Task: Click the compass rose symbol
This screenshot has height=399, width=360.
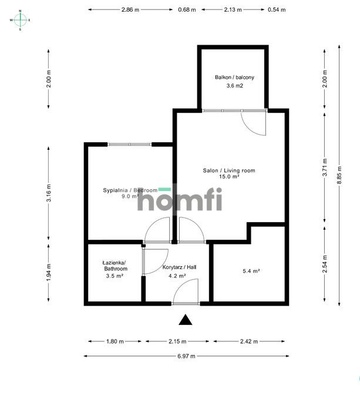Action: [x=20, y=20]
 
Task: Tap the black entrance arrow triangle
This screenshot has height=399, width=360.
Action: [x=186, y=320]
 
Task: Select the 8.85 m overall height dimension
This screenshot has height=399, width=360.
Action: [x=339, y=175]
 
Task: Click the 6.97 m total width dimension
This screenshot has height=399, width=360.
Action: [x=186, y=356]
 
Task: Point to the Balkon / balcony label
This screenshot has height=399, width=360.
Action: [x=234, y=77]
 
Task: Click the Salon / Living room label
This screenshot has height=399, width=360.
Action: [x=229, y=170]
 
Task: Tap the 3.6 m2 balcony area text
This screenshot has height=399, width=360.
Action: [x=235, y=86]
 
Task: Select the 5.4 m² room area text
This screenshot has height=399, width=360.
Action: [x=251, y=271]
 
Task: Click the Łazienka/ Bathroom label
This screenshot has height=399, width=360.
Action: [x=116, y=266]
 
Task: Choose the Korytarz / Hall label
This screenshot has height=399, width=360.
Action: [x=179, y=267]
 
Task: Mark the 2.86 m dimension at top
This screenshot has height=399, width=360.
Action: [x=130, y=9]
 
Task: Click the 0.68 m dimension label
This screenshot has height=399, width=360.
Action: [x=187, y=10]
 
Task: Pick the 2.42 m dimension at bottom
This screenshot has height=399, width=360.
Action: [x=249, y=341]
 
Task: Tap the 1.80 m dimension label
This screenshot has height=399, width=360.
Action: [x=115, y=341]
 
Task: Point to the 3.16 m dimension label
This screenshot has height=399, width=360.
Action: [x=49, y=193]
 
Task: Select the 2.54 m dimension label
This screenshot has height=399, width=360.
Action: [x=325, y=264]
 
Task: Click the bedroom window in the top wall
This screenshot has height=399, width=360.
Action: [x=130, y=145]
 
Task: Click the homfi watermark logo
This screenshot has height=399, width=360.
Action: [x=180, y=199]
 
